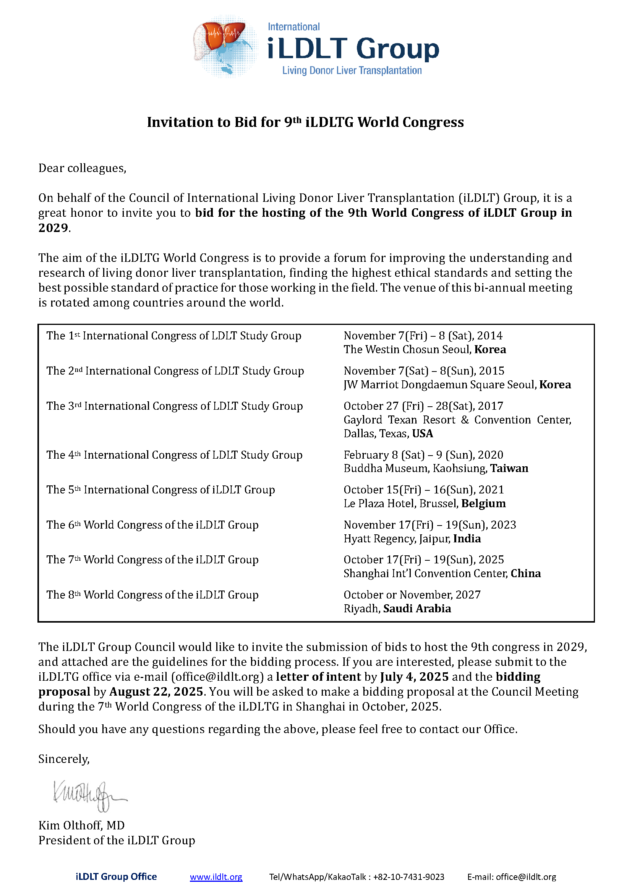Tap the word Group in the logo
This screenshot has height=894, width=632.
(397, 49)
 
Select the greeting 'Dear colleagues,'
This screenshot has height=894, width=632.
(82, 168)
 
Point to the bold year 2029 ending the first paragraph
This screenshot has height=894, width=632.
(53, 228)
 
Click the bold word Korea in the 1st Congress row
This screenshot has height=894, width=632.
(490, 349)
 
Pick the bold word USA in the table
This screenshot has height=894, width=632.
(422, 433)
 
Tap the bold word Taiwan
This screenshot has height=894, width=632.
(509, 468)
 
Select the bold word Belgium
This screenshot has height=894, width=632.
(483, 503)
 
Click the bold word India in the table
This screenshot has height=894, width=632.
(467, 539)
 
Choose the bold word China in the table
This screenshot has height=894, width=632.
(525, 573)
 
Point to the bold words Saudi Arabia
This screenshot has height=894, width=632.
(417, 608)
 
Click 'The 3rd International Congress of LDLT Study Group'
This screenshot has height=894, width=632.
(174, 406)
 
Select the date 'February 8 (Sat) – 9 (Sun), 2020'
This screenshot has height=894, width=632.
(423, 455)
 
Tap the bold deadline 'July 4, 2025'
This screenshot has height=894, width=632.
(415, 677)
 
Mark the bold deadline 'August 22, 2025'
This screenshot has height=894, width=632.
(156, 691)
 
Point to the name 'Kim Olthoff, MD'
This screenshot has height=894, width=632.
(81, 825)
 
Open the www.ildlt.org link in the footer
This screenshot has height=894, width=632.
(216, 876)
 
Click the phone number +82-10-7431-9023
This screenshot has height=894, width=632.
(408, 876)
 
